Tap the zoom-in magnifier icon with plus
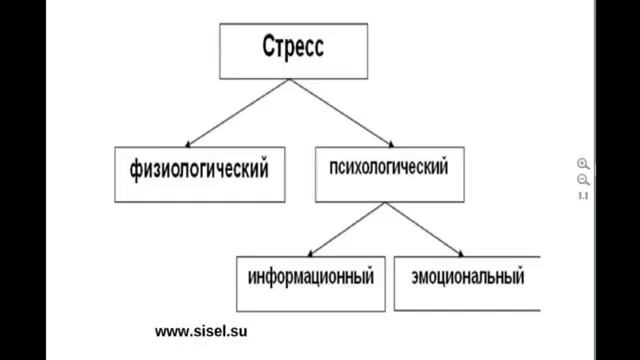583,163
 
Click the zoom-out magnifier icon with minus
583,179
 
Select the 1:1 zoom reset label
583,195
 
